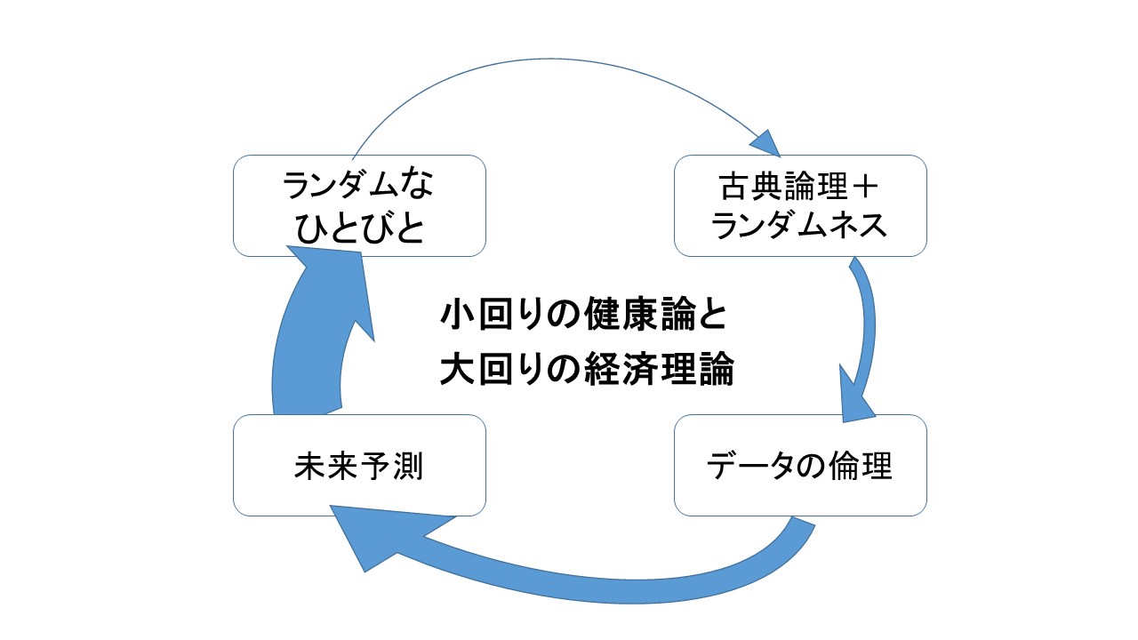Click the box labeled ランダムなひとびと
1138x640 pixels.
click(359, 206)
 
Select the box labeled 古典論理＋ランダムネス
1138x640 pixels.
click(800, 206)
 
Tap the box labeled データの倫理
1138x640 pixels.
click(800, 466)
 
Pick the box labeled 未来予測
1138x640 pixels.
click(359, 466)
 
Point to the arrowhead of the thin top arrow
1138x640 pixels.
click(766, 141)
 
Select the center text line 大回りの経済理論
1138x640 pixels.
click(587, 369)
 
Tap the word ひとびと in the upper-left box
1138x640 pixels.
click(359, 229)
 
